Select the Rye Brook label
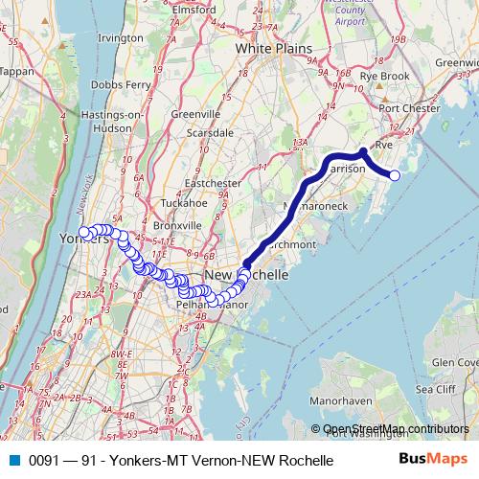point(379,75)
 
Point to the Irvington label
point(120,37)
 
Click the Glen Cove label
point(454,364)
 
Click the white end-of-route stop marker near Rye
point(394,174)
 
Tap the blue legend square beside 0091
point(13,461)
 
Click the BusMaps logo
point(433,460)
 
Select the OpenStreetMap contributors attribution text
point(395,428)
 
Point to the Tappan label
point(16,71)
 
